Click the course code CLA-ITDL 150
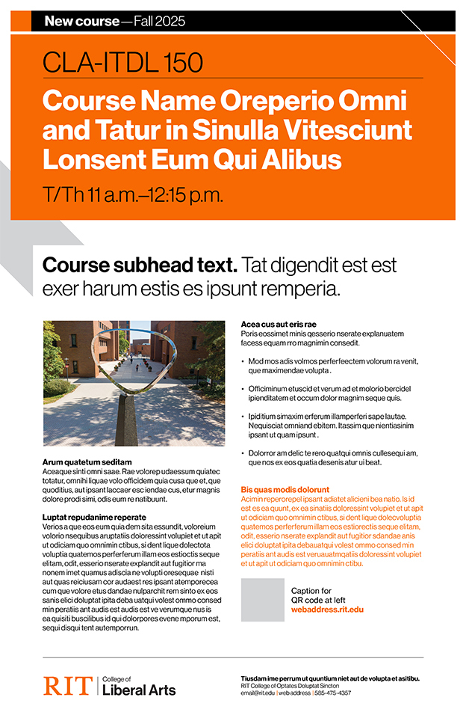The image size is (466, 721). (x=123, y=62)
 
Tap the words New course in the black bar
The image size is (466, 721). (x=81, y=21)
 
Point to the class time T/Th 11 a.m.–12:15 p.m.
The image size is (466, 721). (x=133, y=196)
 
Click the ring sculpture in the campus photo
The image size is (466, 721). (x=122, y=362)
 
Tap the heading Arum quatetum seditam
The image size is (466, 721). (x=87, y=462)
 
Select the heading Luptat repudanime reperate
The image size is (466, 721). (x=95, y=517)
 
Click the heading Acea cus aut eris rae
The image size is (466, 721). (x=279, y=324)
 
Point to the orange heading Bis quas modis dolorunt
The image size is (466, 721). (x=285, y=489)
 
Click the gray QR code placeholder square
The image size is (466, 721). (x=262, y=600)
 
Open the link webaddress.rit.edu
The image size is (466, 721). (x=327, y=610)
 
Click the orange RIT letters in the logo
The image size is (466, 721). (x=67, y=685)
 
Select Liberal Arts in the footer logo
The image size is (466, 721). (x=139, y=690)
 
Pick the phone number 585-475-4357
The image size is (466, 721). (x=333, y=693)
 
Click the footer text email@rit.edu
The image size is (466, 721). (x=258, y=693)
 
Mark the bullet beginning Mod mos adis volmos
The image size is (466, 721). (x=332, y=365)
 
